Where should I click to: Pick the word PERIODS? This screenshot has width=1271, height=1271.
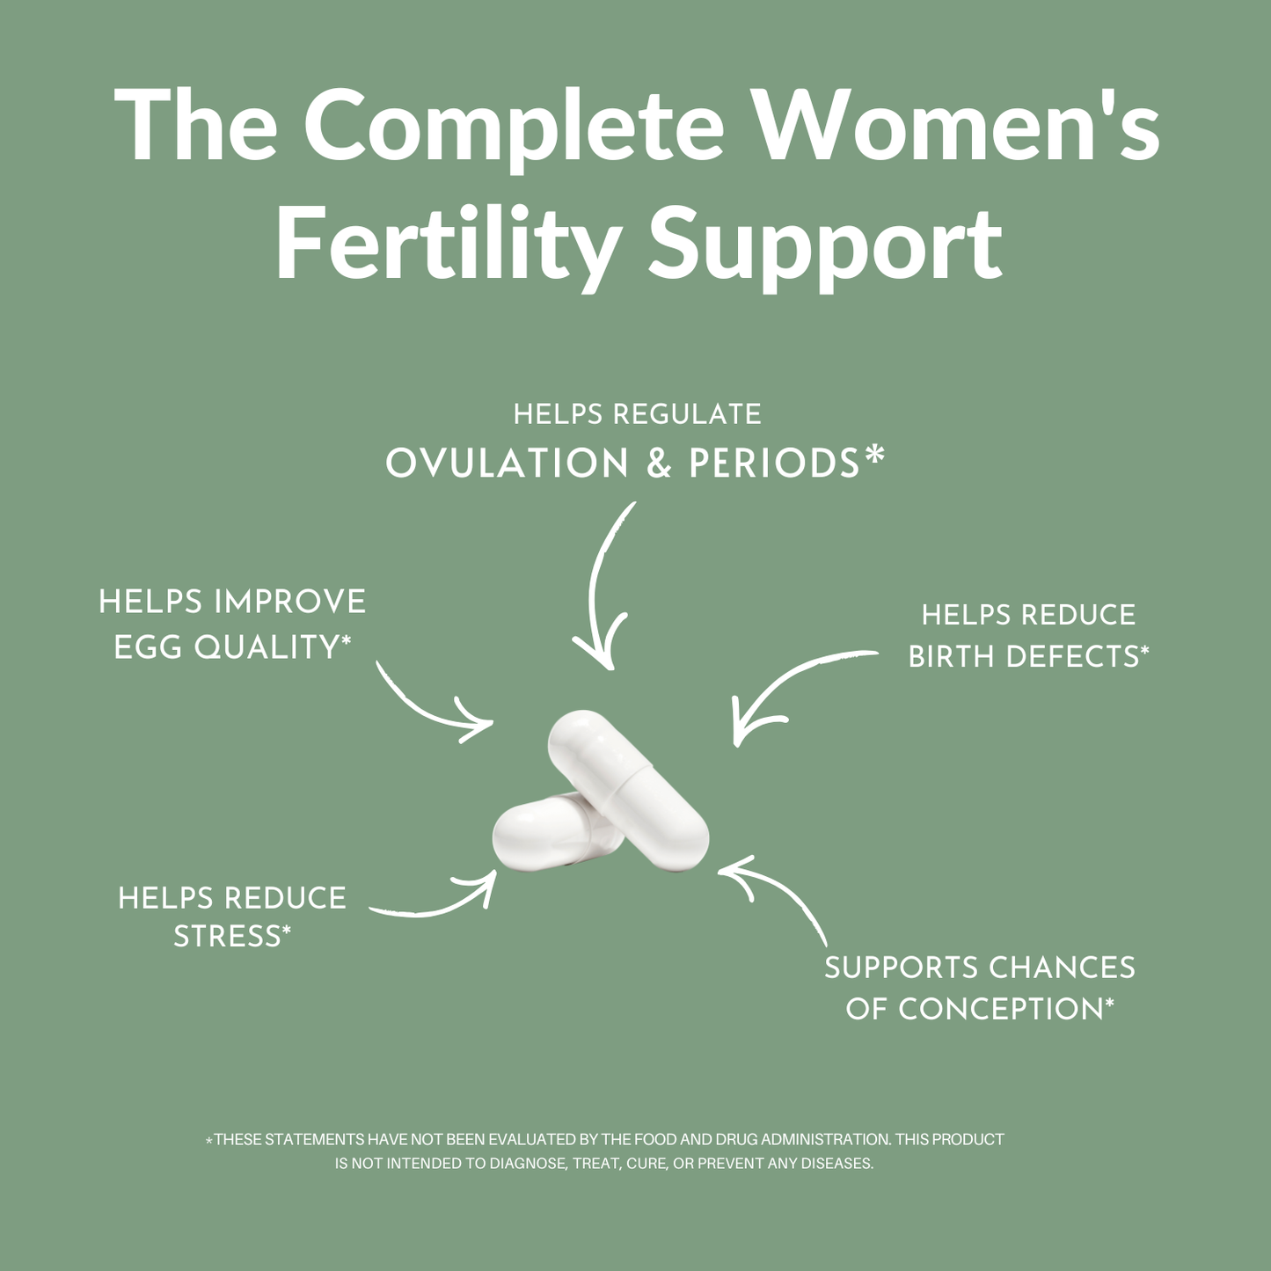point(774,464)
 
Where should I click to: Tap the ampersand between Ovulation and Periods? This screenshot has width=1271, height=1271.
point(659,464)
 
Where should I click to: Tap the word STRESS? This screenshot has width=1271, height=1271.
point(226,936)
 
